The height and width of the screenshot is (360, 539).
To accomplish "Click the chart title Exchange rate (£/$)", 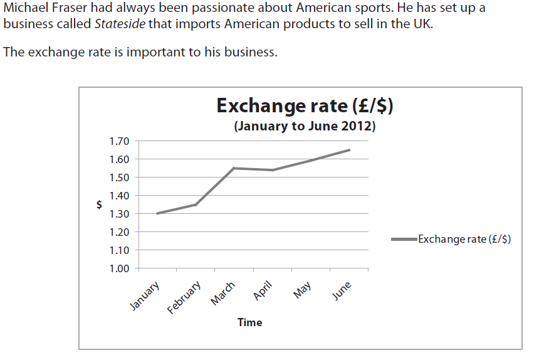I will click(x=305, y=106).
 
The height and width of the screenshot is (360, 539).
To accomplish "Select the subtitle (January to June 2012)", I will click(x=305, y=126).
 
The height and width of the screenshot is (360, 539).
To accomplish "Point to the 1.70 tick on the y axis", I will click(x=119, y=141).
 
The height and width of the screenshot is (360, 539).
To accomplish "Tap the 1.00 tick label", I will click(x=119, y=268).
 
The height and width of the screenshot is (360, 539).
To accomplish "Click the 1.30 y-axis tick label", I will click(x=119, y=214).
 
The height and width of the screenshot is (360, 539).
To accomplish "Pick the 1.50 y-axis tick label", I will click(x=119, y=177).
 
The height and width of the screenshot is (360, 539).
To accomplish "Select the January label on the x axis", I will click(x=145, y=296).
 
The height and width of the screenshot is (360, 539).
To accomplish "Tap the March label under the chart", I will click(x=223, y=294).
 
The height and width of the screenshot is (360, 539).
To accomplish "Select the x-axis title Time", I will click(x=249, y=322).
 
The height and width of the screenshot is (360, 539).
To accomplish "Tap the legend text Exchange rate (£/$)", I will click(x=464, y=239).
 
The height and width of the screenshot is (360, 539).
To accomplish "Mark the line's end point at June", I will click(x=349, y=150).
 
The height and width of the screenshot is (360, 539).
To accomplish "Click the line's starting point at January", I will click(x=157, y=214).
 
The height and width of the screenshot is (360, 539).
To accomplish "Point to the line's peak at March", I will click(x=234, y=168).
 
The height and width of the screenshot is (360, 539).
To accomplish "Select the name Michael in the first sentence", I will click(x=24, y=9).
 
